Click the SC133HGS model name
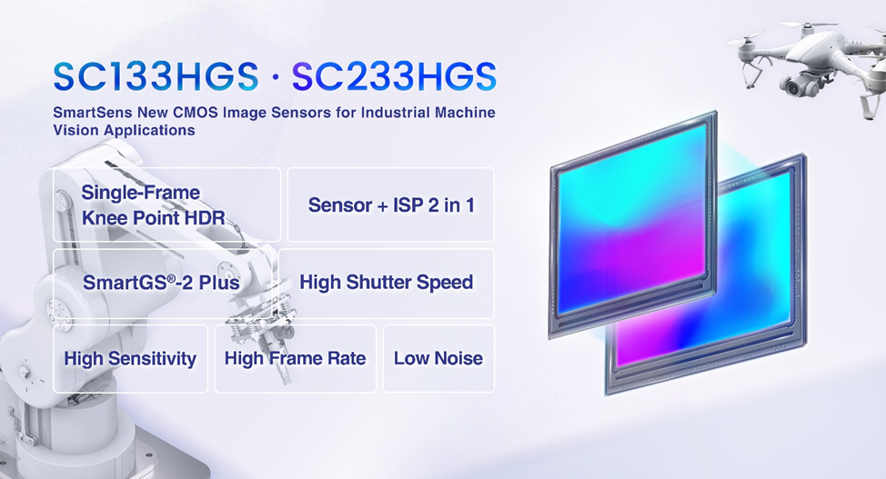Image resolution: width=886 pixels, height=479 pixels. [x=156, y=76]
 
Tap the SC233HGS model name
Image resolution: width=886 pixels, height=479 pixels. [x=395, y=76]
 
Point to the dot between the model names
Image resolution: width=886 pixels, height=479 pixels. [x=276, y=77]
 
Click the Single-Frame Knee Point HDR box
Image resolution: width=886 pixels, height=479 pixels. [x=166, y=205]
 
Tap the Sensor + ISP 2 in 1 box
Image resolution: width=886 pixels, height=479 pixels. [x=391, y=205]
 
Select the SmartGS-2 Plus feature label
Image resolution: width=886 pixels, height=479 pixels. [x=161, y=282]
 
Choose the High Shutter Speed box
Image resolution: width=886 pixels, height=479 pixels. [x=387, y=284]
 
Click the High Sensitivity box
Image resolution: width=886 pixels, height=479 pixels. [x=130, y=359]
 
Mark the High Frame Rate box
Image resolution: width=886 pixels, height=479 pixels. [x=296, y=359]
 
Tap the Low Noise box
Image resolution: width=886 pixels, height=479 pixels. [x=438, y=359]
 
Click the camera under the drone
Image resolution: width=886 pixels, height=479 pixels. [x=796, y=85]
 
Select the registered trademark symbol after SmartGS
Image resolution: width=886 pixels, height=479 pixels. [x=168, y=277]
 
